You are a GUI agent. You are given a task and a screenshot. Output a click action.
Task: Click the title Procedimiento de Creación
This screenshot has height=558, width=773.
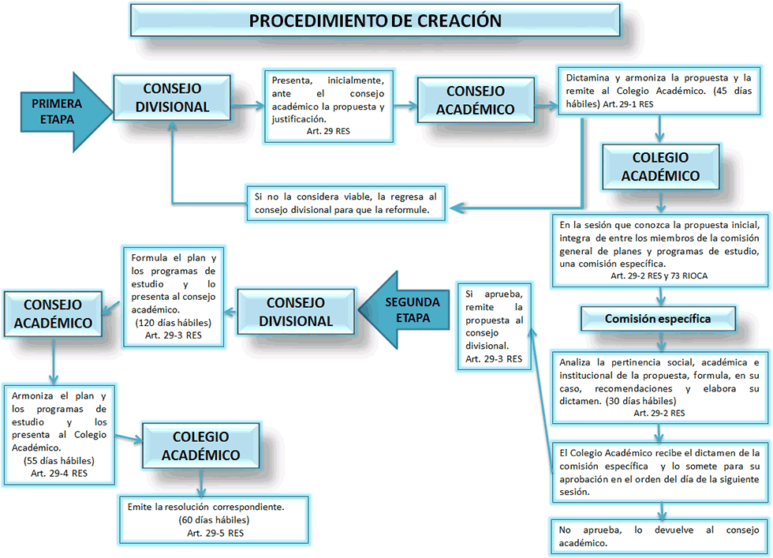[x=375, y=21]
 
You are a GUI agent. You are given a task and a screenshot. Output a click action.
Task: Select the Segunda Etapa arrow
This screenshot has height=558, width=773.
[x=404, y=310]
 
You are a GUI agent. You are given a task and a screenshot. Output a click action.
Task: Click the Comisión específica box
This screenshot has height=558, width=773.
[x=658, y=319]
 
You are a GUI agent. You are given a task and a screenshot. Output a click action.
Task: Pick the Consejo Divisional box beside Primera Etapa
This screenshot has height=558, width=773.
[x=172, y=98]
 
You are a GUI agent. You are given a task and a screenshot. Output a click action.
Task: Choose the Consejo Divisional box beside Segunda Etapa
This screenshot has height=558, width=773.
[x=296, y=312]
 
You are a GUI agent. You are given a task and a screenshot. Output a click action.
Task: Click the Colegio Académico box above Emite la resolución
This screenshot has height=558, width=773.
[x=200, y=445]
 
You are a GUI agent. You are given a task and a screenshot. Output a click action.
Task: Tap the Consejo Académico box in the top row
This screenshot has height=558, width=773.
[x=476, y=100]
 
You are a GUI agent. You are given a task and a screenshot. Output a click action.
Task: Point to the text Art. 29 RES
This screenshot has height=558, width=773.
[x=328, y=131]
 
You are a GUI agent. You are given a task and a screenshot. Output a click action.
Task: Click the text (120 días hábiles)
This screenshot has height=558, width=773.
[x=173, y=323]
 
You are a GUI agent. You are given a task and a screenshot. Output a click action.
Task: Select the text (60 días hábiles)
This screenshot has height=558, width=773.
[x=214, y=520]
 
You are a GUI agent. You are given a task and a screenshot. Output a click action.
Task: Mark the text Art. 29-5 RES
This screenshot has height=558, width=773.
[x=215, y=533]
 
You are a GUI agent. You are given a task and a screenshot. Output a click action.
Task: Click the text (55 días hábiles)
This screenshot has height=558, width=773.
[x=58, y=461]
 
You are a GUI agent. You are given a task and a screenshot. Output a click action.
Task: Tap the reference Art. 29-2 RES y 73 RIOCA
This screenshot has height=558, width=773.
[x=659, y=275]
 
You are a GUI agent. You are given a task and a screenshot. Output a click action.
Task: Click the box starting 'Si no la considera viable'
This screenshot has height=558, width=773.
[x=346, y=204]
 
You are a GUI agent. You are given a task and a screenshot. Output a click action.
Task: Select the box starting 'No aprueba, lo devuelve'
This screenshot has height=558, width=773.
[x=659, y=536]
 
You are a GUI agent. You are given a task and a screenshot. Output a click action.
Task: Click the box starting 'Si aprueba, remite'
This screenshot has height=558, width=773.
[x=494, y=327]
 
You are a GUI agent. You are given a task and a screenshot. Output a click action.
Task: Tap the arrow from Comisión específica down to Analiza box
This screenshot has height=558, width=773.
[x=661, y=341]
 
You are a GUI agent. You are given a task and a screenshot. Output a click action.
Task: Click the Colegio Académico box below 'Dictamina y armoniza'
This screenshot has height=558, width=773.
[x=661, y=167]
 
